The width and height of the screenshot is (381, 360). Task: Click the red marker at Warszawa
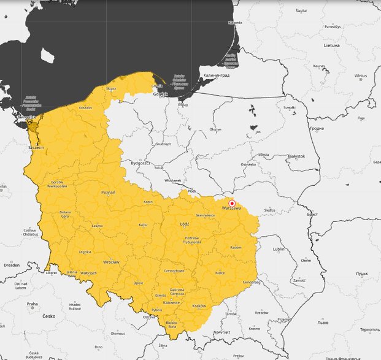(232, 203)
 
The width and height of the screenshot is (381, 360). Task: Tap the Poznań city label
(108, 192)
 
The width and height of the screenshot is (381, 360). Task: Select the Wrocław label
(111, 261)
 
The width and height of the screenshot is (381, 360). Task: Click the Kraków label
(199, 305)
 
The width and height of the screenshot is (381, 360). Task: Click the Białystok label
(296, 156)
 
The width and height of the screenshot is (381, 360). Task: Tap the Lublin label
(279, 250)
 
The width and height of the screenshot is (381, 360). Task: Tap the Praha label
(33, 304)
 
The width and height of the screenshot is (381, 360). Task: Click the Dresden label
(11, 265)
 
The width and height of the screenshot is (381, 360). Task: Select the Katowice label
(171, 302)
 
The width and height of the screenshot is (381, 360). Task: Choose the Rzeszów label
(261, 312)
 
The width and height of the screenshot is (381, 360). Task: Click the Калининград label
(215, 75)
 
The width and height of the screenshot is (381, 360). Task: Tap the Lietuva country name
(331, 45)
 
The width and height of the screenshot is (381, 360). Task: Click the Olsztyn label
(215, 129)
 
